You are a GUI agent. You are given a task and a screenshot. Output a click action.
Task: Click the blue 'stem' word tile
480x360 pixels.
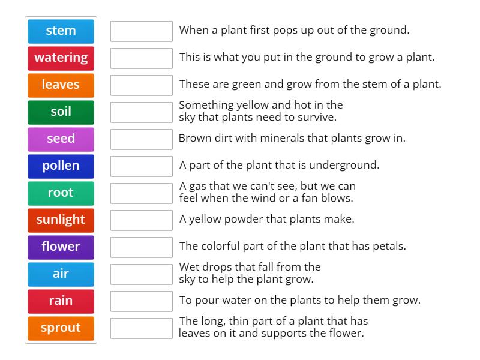pos(61,31)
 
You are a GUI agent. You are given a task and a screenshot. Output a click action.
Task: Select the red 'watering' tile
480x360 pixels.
pos(61,58)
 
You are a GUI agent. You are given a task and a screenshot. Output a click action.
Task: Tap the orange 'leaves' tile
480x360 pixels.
pos(61,85)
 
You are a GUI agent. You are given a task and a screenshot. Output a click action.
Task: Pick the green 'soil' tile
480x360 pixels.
pos(61,112)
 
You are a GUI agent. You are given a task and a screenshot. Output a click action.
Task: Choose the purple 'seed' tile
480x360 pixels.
pos(61,139)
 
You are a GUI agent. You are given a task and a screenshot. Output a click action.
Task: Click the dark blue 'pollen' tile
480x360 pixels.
pos(61,166)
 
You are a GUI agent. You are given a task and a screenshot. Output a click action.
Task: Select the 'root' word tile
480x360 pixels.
pos(61,193)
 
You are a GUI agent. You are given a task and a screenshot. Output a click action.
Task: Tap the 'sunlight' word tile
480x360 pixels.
pos(61,220)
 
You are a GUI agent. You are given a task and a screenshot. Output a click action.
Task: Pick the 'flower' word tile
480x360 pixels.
pos(61,247)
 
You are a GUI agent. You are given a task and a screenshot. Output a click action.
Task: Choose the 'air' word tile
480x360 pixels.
pos(61,274)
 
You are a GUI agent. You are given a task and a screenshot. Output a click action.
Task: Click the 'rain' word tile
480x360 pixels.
pos(61,301)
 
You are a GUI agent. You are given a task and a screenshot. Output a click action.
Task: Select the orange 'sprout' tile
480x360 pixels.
pos(61,328)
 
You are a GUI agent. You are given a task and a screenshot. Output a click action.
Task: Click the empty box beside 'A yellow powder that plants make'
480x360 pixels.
pos(142,220)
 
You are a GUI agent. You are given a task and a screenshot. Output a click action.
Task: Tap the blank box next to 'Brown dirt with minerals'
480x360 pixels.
pos(142,139)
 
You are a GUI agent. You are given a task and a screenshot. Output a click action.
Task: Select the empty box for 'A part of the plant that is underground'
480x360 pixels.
pos(142,166)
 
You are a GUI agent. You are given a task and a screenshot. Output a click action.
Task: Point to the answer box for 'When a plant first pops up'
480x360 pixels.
pos(142,31)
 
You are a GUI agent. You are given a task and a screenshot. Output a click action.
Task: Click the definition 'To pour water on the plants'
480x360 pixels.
pos(300,300)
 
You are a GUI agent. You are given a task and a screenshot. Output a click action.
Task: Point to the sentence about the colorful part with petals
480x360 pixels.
pos(293,246)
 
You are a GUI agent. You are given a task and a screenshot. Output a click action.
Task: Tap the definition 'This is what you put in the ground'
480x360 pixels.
pos(307,58)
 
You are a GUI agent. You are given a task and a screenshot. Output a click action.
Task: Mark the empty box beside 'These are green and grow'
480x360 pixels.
pos(142,85)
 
